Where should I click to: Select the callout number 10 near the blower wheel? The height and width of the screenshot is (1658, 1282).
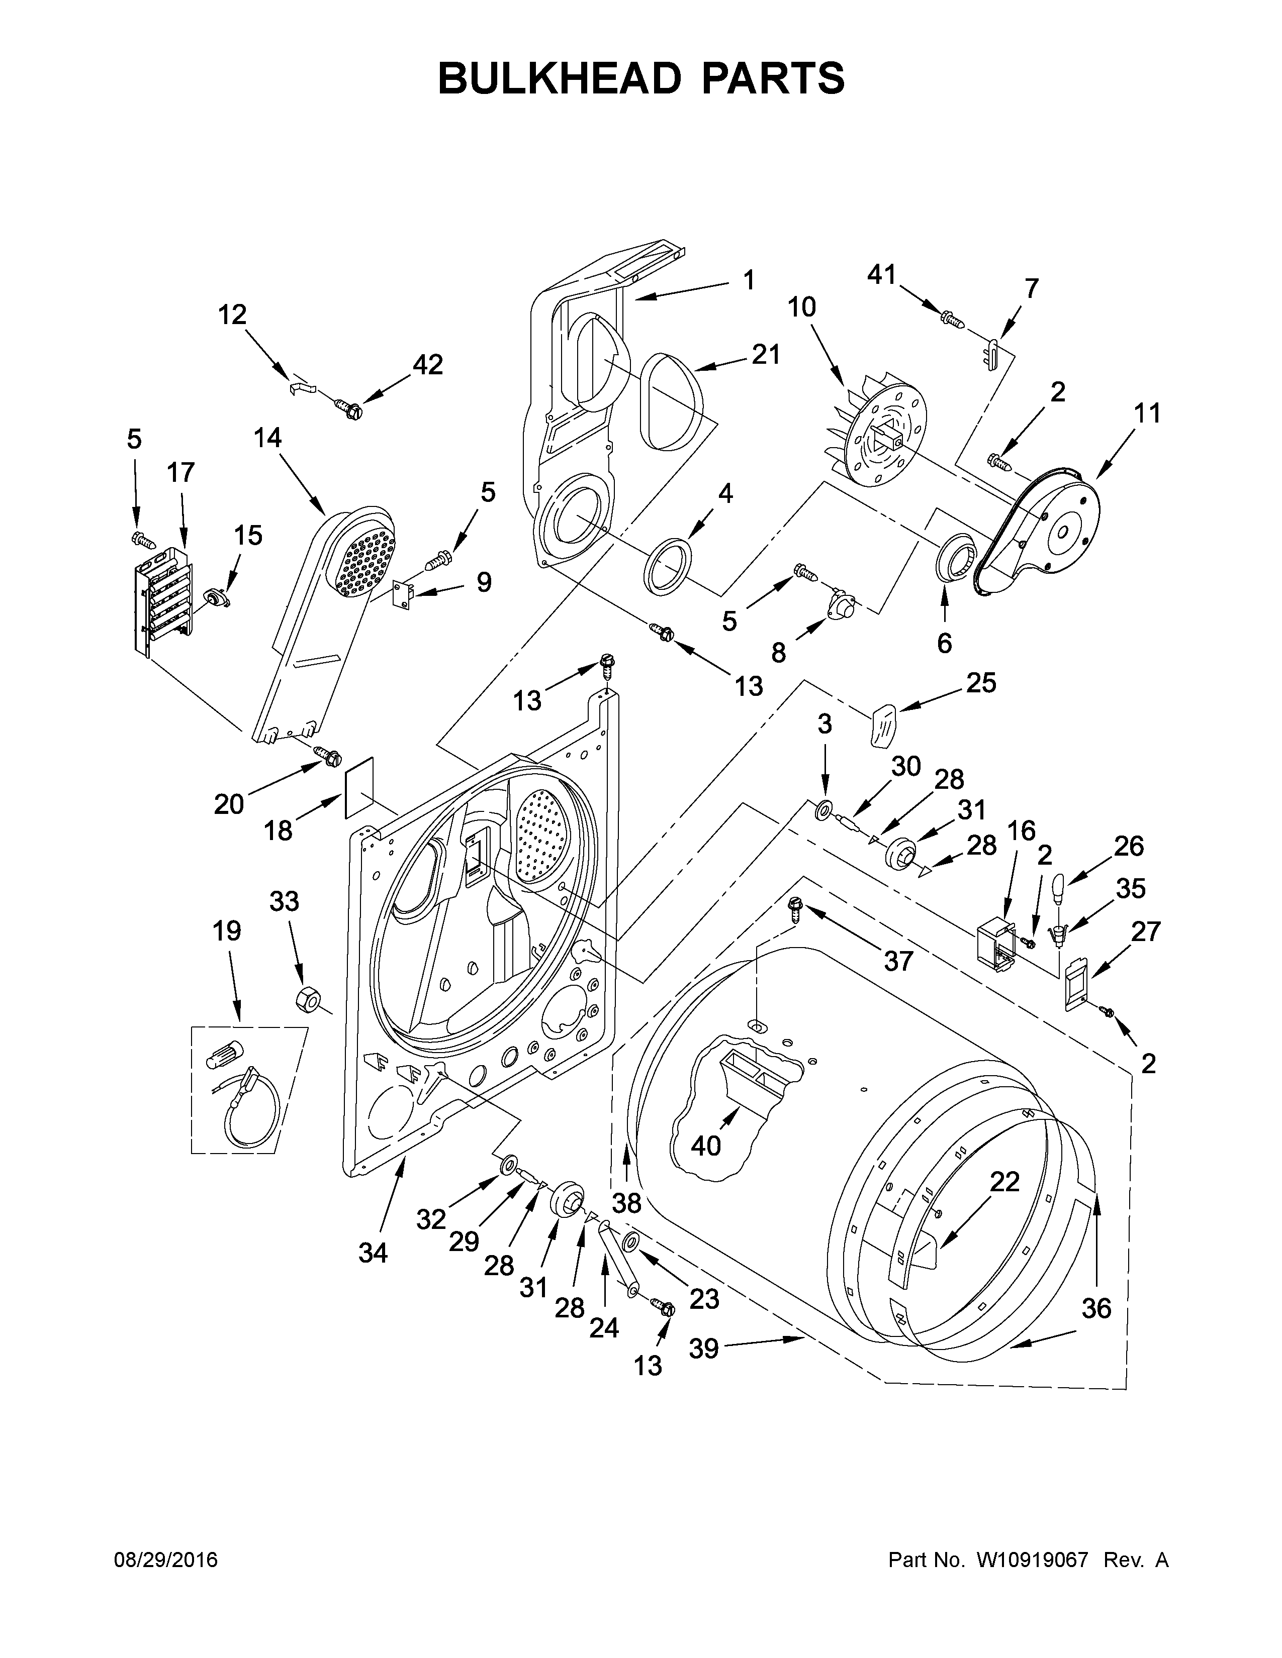pos(801,306)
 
